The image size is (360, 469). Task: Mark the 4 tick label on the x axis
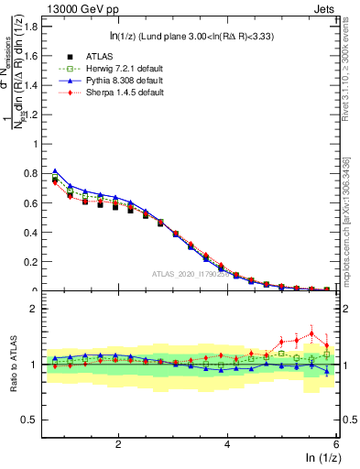227,444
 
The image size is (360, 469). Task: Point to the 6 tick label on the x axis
336,444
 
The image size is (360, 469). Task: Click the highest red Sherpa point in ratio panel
311,333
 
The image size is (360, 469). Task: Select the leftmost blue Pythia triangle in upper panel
55,171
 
